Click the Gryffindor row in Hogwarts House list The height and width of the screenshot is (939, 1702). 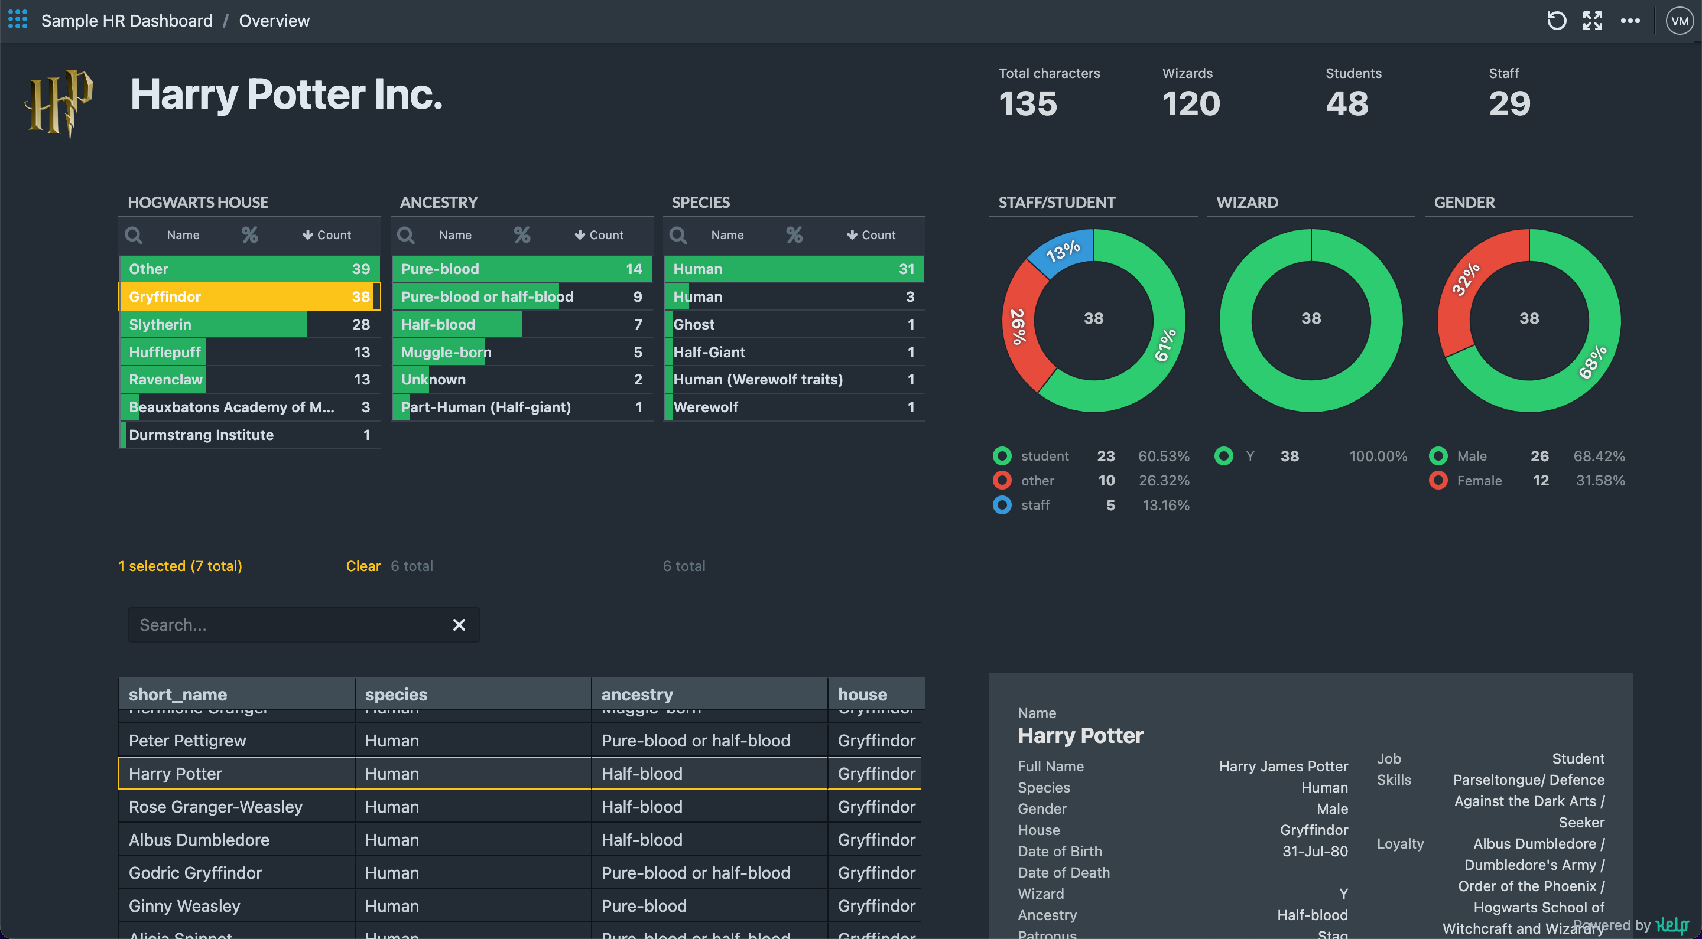tap(249, 296)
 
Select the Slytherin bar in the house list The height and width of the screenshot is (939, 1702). tap(213, 324)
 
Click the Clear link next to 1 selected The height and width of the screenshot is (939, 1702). tap(363, 566)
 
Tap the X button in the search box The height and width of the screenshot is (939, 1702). tap(459, 625)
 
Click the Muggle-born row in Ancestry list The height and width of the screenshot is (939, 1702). tap(521, 352)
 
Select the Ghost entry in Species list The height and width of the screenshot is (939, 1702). tap(793, 324)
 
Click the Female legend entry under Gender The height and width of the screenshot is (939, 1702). tap(1479, 481)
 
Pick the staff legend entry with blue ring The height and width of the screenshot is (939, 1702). tap(1035, 505)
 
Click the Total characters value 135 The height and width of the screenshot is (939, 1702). tap(1028, 104)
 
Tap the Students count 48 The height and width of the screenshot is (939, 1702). tap(1347, 104)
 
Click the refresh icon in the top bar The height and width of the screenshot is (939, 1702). tap(1556, 21)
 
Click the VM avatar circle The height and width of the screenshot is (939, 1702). tap(1679, 21)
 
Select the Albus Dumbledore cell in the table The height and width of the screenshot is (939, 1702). tap(199, 840)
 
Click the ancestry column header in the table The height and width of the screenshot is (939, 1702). tap(637, 694)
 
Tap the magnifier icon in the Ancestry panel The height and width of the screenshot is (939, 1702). tap(405, 235)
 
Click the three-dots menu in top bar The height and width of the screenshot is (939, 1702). tap(1630, 21)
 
